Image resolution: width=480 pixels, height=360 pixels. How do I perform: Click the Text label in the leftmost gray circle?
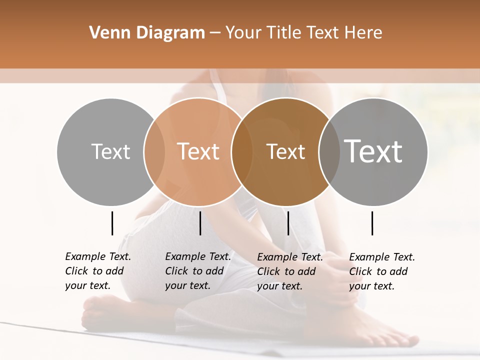pyautogui.click(x=110, y=151)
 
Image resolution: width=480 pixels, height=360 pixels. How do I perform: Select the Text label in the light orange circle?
pyautogui.click(x=198, y=151)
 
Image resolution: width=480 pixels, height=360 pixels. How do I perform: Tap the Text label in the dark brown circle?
pyautogui.click(x=285, y=151)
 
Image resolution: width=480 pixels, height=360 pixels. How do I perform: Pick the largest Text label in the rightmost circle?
pyautogui.click(x=373, y=151)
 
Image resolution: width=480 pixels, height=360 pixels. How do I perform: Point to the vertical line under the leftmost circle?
pyautogui.click(x=112, y=223)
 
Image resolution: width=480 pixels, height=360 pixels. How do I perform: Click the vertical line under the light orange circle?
pyautogui.click(x=200, y=223)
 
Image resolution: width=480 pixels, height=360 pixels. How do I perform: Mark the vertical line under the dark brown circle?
pyautogui.click(x=288, y=223)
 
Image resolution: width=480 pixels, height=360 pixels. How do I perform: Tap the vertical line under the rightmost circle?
pyautogui.click(x=372, y=223)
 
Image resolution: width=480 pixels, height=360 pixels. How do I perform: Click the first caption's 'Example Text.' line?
pyautogui.click(x=98, y=256)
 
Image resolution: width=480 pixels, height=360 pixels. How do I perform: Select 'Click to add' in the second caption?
pyautogui.click(x=194, y=271)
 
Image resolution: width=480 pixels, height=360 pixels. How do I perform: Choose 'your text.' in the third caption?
pyautogui.click(x=280, y=286)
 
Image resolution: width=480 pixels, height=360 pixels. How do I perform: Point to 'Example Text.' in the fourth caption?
pyautogui.click(x=382, y=257)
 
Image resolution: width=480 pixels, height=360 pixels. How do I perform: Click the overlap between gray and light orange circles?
pyautogui.click(x=154, y=151)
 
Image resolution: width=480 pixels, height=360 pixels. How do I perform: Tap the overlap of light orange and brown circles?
pyautogui.click(x=242, y=151)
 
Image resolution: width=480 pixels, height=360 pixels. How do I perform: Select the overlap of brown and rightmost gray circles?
pyautogui.click(x=329, y=151)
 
